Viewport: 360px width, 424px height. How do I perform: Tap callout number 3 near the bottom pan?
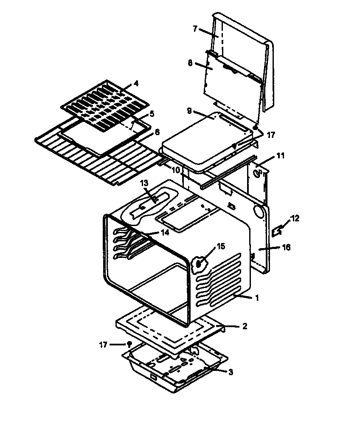tap(231, 373)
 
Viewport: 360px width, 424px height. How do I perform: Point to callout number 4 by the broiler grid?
tap(136, 84)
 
